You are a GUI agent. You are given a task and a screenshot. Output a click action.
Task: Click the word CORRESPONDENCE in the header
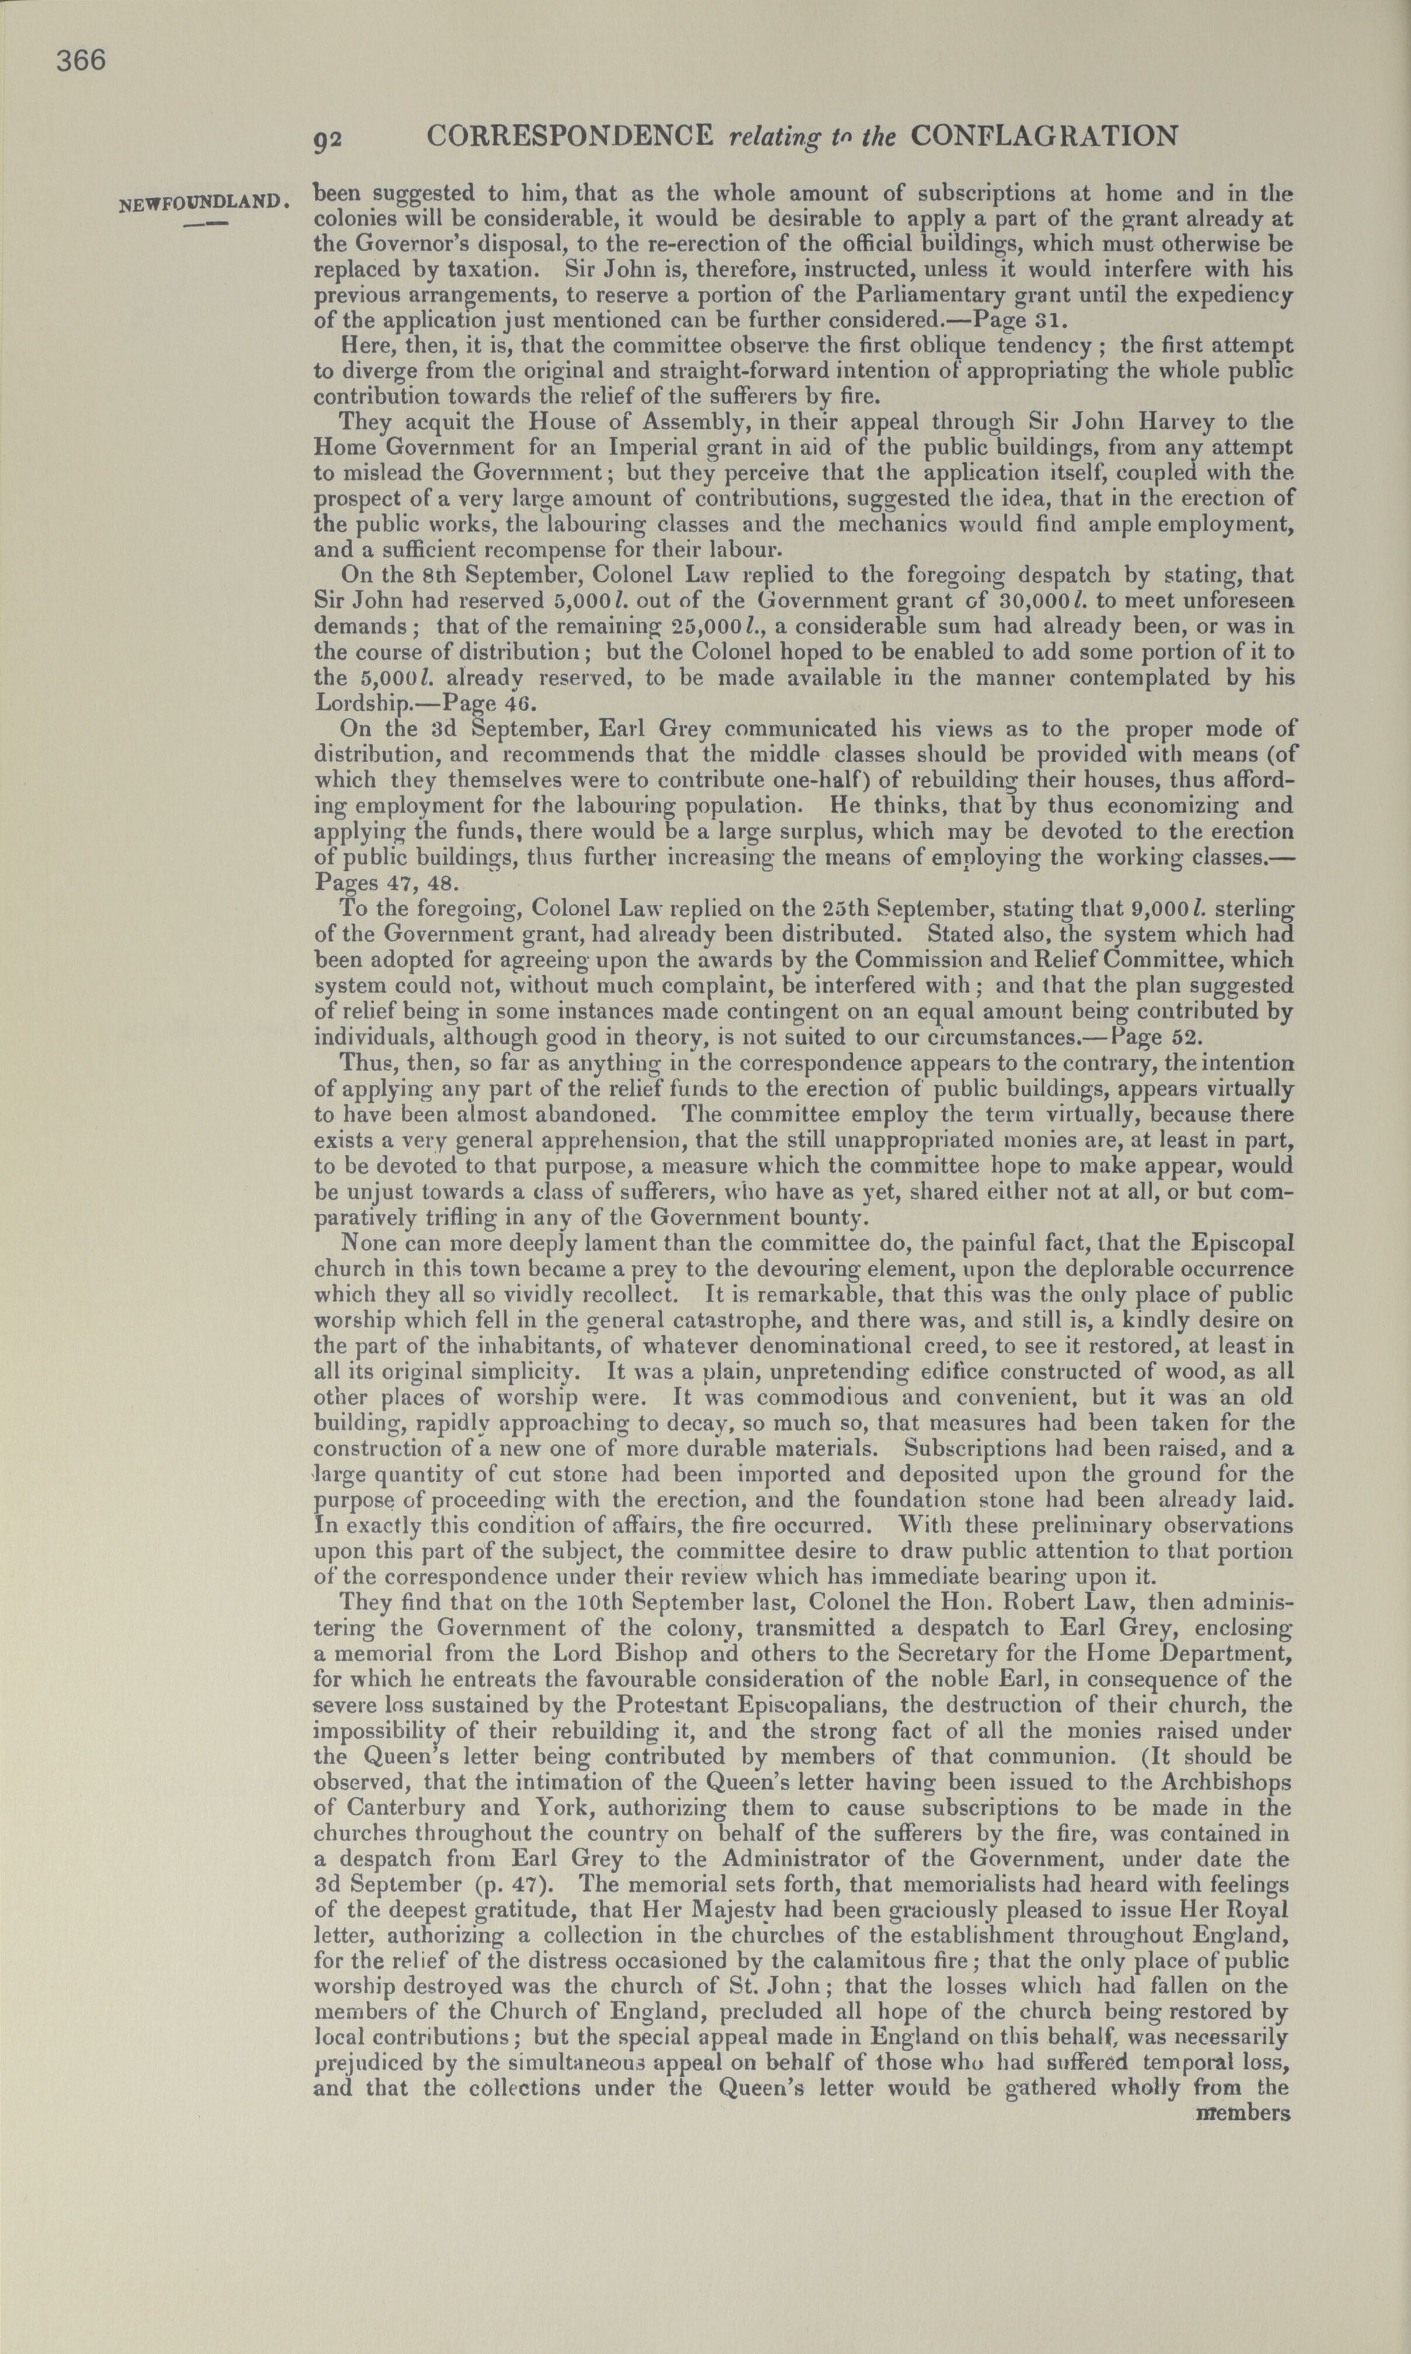tap(571, 136)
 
